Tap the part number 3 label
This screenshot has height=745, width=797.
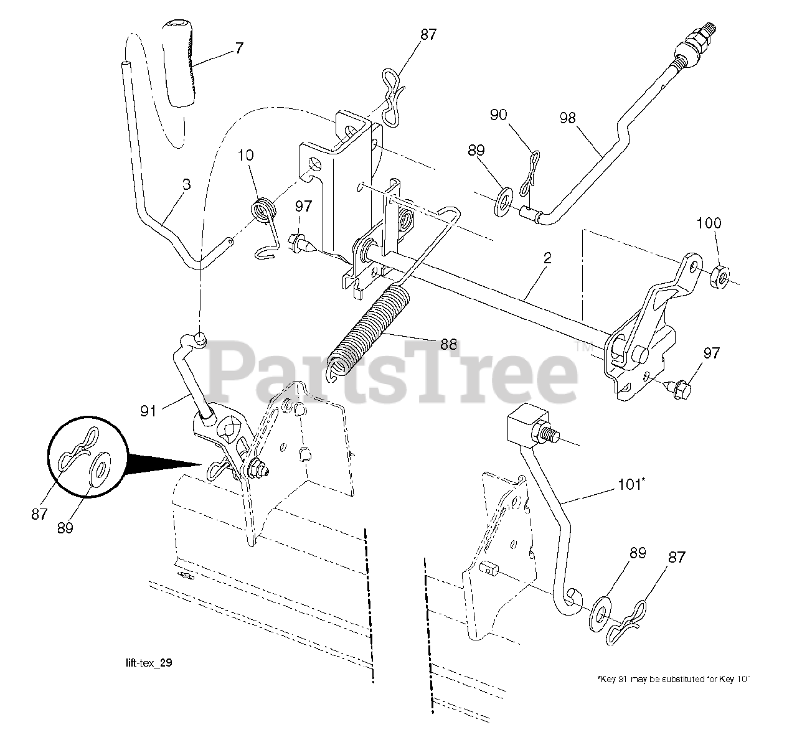[187, 184]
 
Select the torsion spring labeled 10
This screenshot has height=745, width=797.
[264, 210]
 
